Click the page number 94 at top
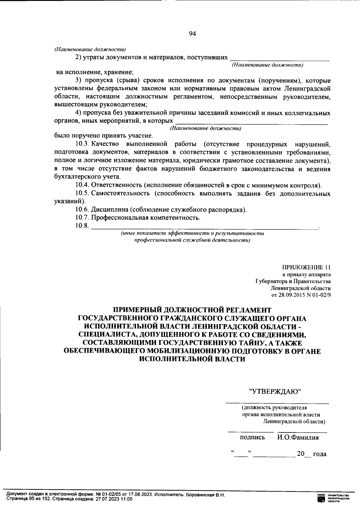pyautogui.click(x=192, y=34)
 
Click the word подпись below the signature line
pyautogui.click(x=252, y=437)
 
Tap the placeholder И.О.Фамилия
pyautogui.click(x=298, y=437)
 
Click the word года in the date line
pyautogui.click(x=319, y=454)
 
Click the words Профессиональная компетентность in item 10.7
pyautogui.click(x=145, y=218)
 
